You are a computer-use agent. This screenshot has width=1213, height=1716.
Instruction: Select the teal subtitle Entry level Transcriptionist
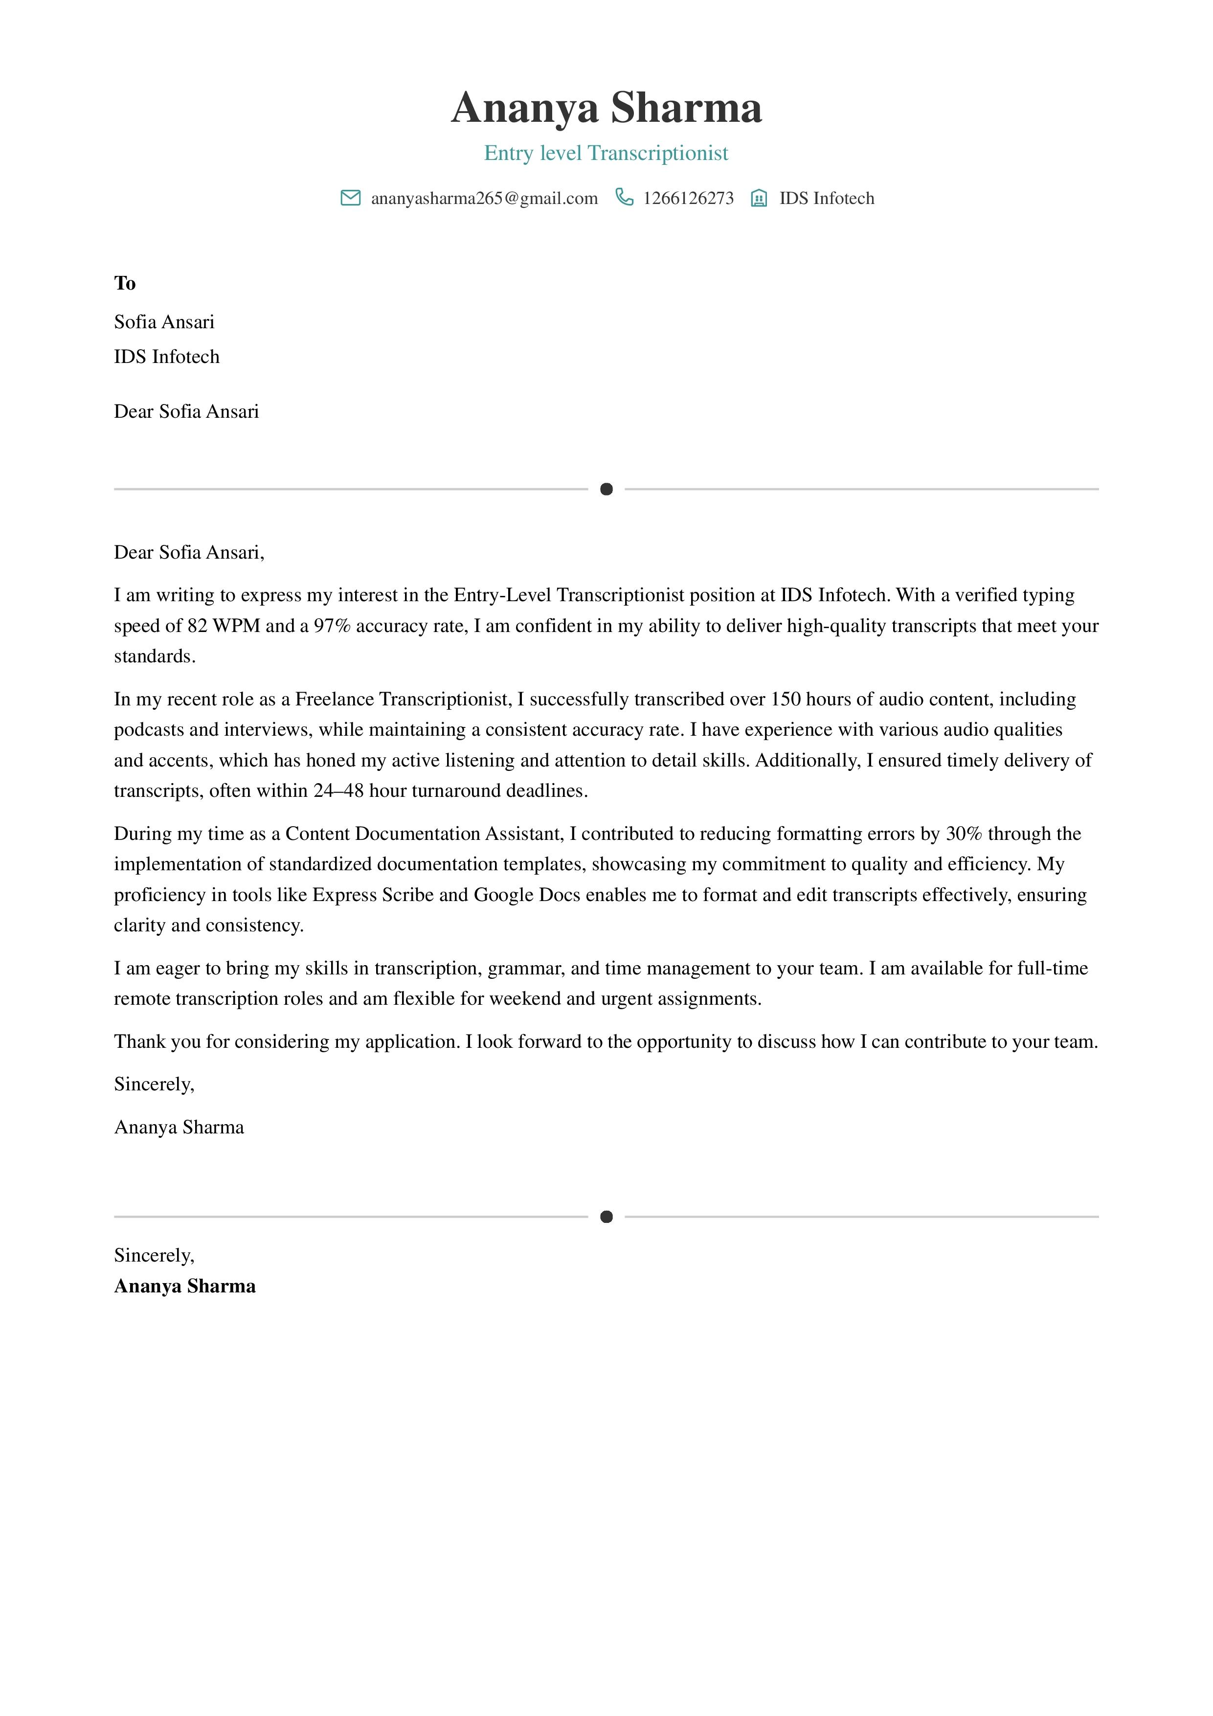tap(606, 153)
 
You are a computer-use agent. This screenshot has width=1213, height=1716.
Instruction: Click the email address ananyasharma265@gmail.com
tap(484, 199)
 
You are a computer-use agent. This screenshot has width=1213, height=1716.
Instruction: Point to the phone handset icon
tap(624, 197)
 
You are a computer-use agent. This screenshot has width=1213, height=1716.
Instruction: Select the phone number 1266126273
tap(688, 199)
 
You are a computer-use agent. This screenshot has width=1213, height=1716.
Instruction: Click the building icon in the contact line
tap(759, 198)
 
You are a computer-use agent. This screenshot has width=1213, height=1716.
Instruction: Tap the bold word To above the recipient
tap(125, 283)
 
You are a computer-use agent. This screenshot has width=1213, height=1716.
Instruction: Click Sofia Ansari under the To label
tap(164, 322)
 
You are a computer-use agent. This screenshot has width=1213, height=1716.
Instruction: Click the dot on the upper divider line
tap(606, 490)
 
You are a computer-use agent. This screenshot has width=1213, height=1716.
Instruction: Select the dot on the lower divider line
tap(606, 1218)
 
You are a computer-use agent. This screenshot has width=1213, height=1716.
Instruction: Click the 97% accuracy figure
tap(332, 626)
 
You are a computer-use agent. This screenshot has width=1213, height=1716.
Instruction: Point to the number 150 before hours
tap(786, 700)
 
